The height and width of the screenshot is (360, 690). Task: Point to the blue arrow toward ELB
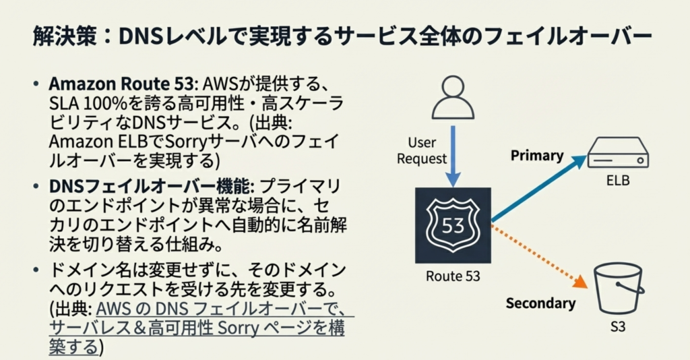(x=540, y=188)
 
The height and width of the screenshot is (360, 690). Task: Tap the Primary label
(x=536, y=156)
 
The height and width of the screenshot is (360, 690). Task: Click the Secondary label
(x=540, y=303)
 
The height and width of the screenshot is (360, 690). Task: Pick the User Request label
(x=422, y=151)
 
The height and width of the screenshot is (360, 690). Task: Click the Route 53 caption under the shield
(x=453, y=276)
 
